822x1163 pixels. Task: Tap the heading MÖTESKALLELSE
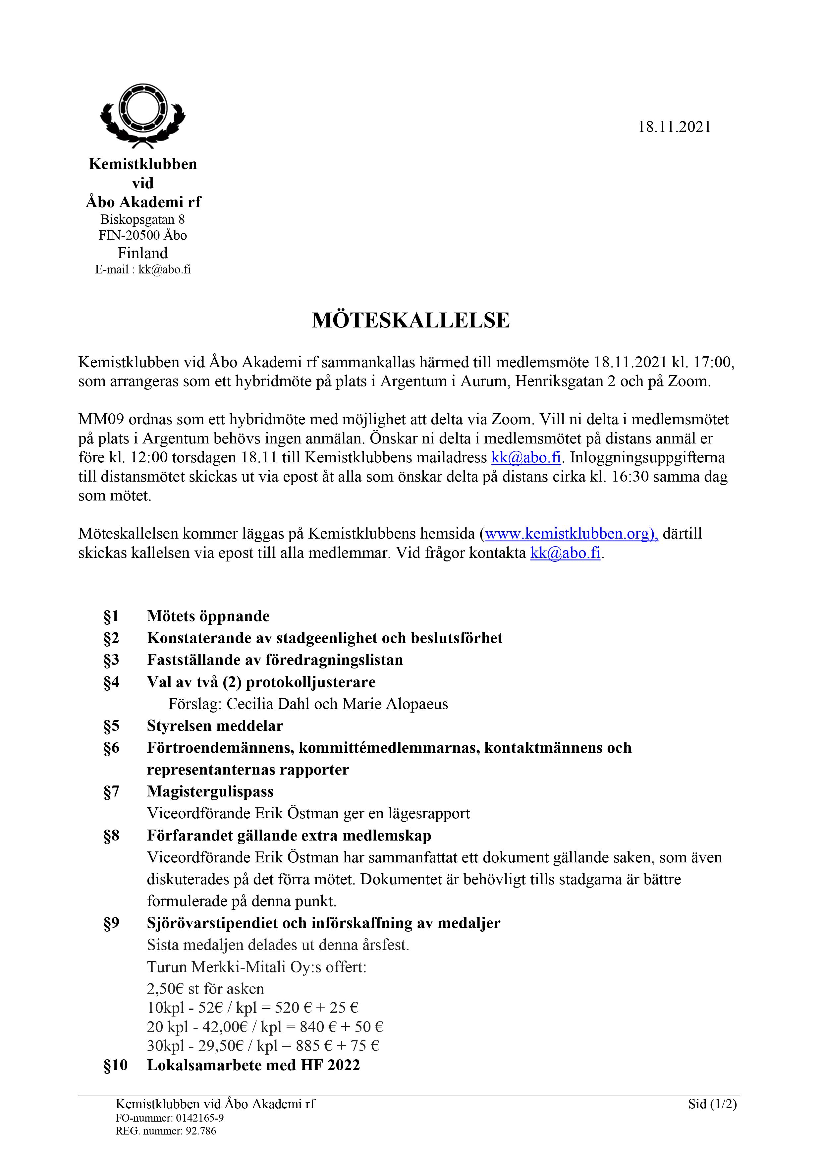[x=411, y=320]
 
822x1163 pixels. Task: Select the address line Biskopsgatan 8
[x=142, y=219]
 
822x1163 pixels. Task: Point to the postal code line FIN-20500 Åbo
[x=142, y=235]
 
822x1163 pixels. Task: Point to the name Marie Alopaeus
[x=395, y=704]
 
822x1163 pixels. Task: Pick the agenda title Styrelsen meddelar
[x=215, y=726]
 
